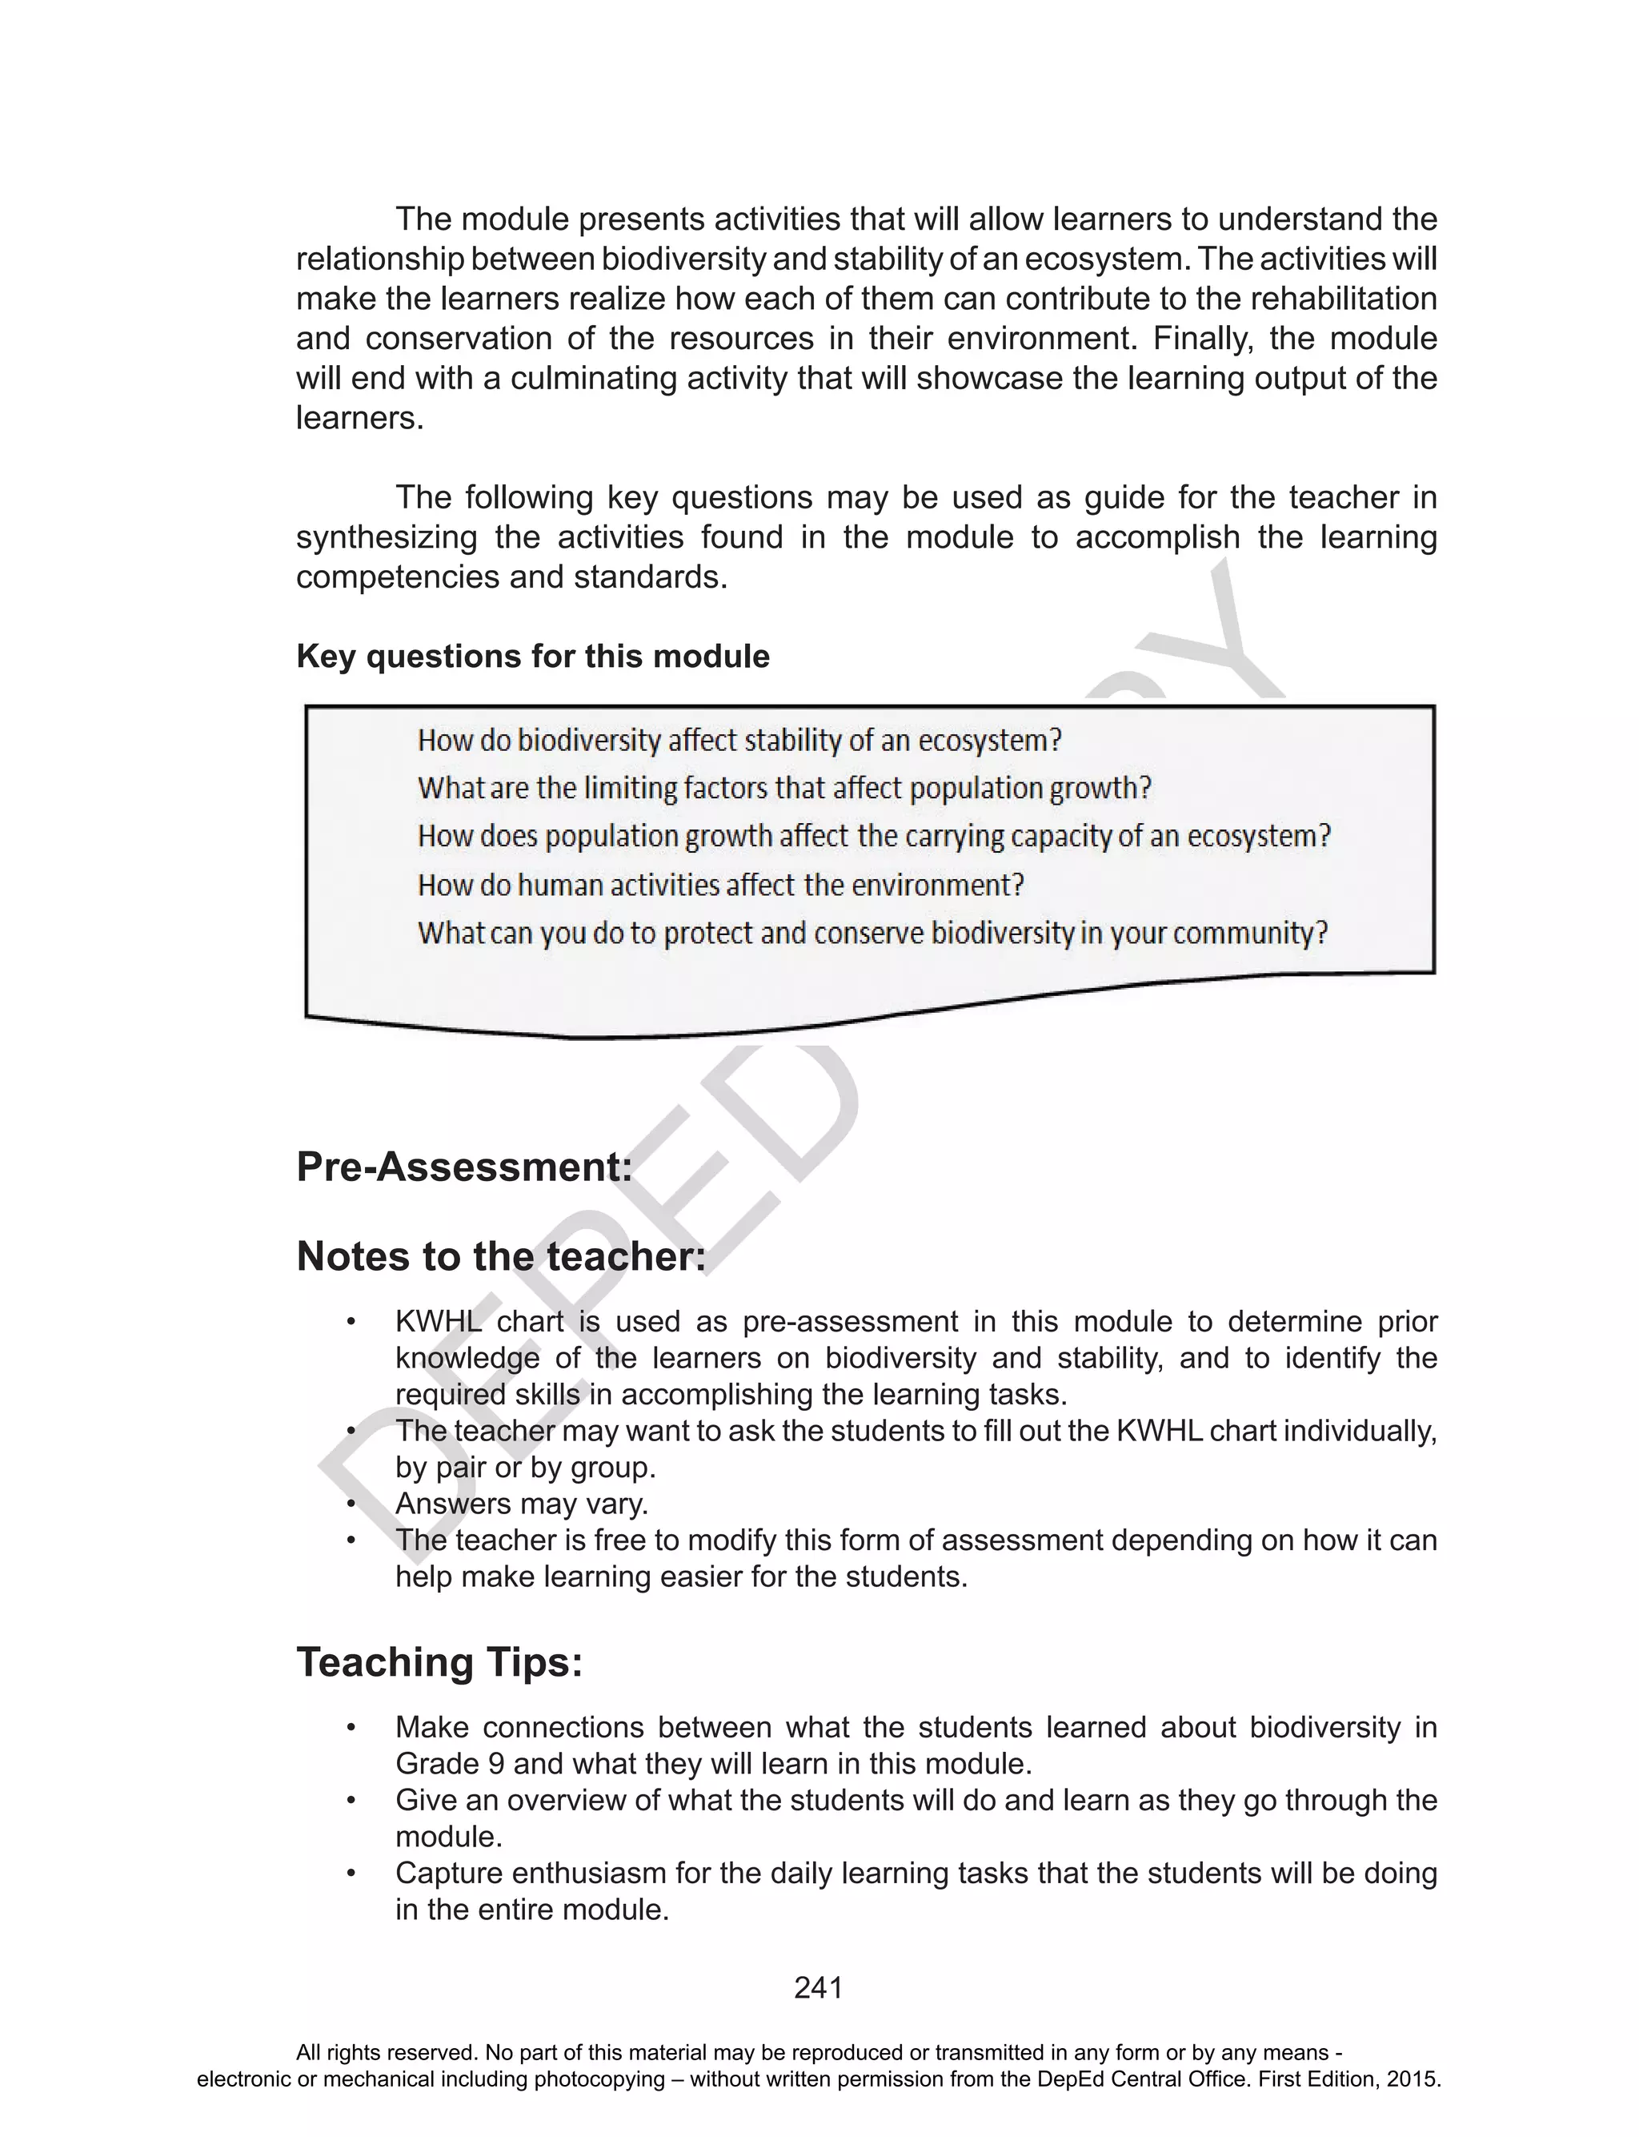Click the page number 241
(818, 1988)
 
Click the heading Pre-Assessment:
(464, 1167)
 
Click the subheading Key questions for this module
(533, 657)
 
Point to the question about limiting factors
(784, 788)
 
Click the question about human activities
(720, 885)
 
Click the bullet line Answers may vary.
(521, 1504)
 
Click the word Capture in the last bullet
(449, 1874)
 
